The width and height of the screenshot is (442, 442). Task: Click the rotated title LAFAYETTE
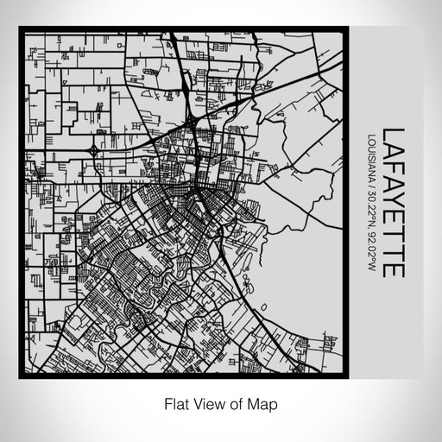pyautogui.click(x=393, y=202)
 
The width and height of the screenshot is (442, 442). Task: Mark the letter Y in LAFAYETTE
pyautogui.click(x=393, y=202)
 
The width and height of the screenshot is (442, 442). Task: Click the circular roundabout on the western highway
pyautogui.click(x=92, y=148)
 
